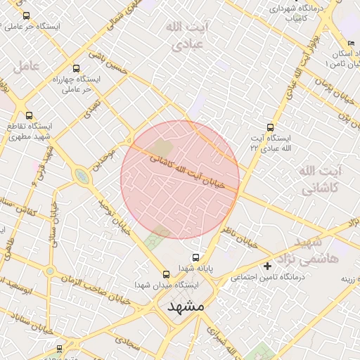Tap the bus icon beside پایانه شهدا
point(195,257)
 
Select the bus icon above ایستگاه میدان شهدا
point(167,275)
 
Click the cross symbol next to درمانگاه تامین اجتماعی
point(267,266)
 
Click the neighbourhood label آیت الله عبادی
point(184,35)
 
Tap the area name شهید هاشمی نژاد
point(321,251)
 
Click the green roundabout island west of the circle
point(82,176)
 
